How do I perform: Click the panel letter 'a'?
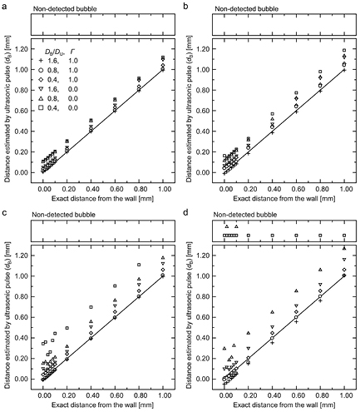[x=4, y=6]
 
